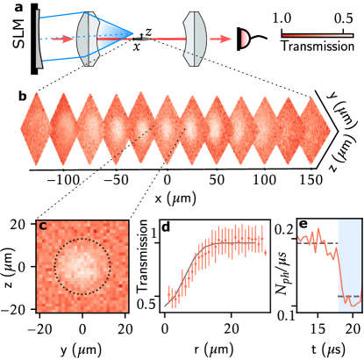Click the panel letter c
coord(43,227)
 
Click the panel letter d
coord(166,227)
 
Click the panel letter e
coord(303,225)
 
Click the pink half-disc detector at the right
coord(244,39)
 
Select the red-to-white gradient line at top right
coord(317,36)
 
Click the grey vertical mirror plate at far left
coord(38,39)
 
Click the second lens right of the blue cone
coord(195,39)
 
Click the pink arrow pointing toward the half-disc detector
coord(221,39)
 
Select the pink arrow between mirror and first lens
coord(62,39)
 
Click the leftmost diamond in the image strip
coord(36,129)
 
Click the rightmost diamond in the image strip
coord(314,130)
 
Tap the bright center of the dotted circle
coord(82,265)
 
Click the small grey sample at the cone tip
coord(141,39)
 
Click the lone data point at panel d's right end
coord(265,252)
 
